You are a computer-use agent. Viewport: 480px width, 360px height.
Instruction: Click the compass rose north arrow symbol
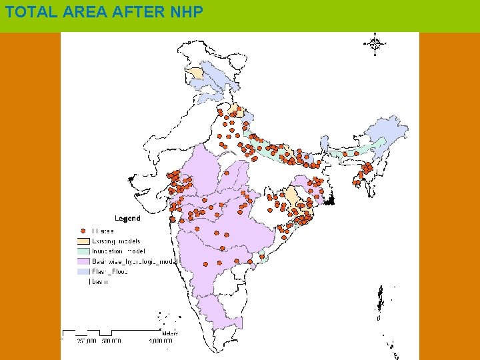[375, 44]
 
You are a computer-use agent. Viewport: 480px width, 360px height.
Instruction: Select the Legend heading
[127, 218]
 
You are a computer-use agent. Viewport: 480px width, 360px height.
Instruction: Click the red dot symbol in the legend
[83, 231]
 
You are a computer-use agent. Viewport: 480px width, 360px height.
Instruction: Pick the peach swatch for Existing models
[83, 241]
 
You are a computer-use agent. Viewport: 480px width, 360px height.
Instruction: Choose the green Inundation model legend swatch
[83, 251]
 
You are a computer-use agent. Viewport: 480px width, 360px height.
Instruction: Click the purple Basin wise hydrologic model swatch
[83, 261]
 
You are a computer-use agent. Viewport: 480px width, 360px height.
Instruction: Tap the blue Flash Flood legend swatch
[83, 271]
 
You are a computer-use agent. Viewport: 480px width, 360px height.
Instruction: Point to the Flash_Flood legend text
[110, 271]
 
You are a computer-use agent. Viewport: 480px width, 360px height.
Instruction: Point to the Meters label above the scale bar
[169, 333]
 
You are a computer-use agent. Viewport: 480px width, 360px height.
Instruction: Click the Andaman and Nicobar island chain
[380, 303]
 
